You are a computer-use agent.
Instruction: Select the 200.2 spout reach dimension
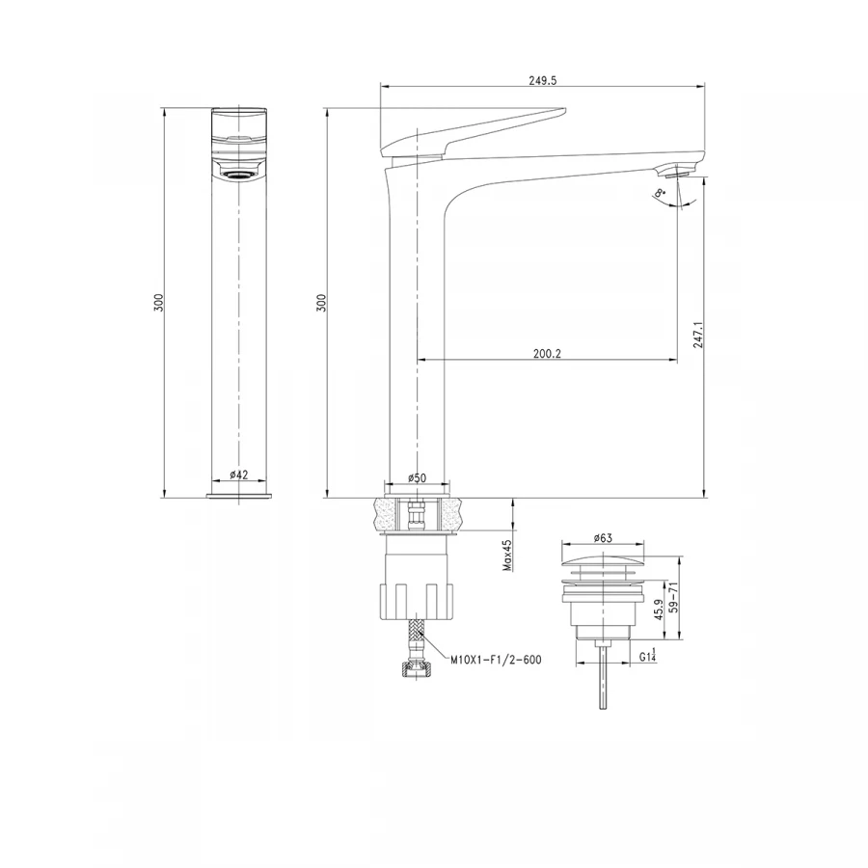(x=547, y=353)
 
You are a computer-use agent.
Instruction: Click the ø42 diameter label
(x=239, y=474)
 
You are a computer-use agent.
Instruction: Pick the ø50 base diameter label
(x=417, y=477)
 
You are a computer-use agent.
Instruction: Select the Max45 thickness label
(x=506, y=556)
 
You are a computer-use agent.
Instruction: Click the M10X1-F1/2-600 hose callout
(x=497, y=661)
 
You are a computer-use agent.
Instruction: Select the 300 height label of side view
(x=321, y=302)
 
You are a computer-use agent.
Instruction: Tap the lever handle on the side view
(x=473, y=127)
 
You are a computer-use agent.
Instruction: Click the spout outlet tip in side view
(x=674, y=174)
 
